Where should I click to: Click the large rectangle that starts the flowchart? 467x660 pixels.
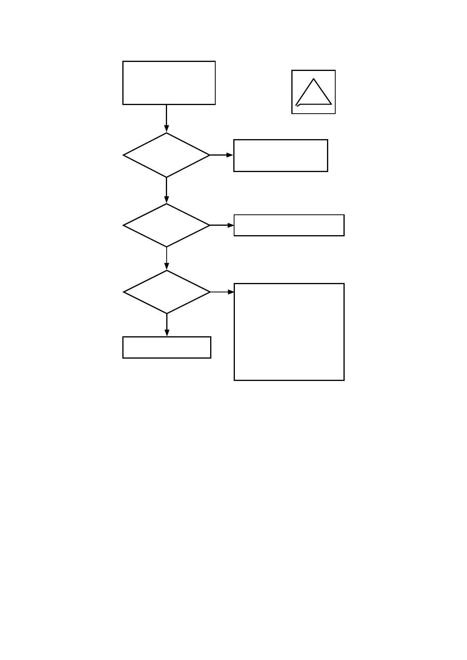pyautogui.click(x=169, y=83)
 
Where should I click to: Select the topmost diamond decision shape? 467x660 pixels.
pyautogui.click(x=166, y=155)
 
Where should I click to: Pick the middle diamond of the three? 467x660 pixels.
pyautogui.click(x=166, y=225)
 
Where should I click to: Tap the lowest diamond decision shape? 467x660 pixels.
pyautogui.click(x=167, y=292)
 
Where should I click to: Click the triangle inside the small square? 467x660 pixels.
pyautogui.click(x=313, y=94)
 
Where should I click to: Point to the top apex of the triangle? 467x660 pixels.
pyautogui.click(x=314, y=79)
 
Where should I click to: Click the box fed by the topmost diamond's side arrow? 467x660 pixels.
pyautogui.click(x=280, y=155)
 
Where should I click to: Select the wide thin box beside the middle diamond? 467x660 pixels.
pyautogui.click(x=289, y=225)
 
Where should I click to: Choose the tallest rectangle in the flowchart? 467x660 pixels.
pyautogui.click(x=289, y=332)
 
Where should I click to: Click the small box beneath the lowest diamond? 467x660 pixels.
pyautogui.click(x=167, y=347)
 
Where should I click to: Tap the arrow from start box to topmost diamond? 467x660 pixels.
pyautogui.click(x=166, y=118)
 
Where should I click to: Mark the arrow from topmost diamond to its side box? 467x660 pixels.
pyautogui.click(x=222, y=155)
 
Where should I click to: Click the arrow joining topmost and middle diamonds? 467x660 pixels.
pyautogui.click(x=166, y=190)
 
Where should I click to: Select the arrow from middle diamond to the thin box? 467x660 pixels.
pyautogui.click(x=222, y=225)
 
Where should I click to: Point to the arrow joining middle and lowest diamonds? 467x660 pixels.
pyautogui.click(x=167, y=258)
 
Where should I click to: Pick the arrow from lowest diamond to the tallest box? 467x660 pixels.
pyautogui.click(x=222, y=292)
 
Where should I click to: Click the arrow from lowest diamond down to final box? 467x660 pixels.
pyautogui.click(x=167, y=325)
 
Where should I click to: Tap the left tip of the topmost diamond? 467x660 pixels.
pyautogui.click(x=124, y=155)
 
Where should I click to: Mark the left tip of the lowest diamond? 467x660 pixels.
pyautogui.click(x=124, y=292)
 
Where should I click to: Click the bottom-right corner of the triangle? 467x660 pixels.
pyautogui.click(x=331, y=104)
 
